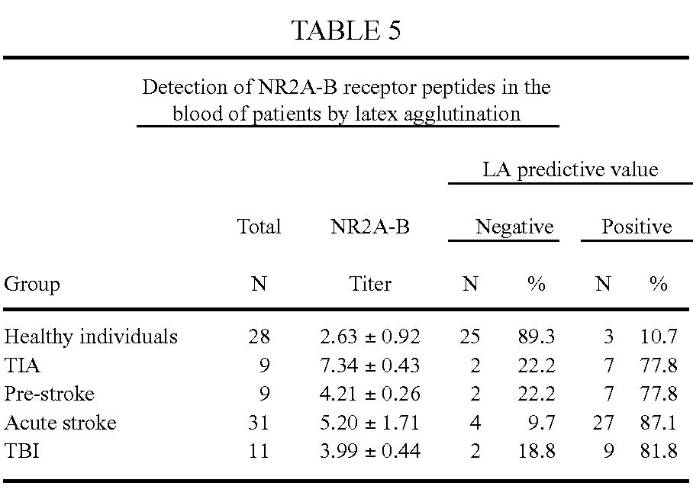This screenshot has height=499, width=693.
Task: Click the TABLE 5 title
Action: [346, 31]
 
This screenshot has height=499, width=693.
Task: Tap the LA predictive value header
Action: [570, 169]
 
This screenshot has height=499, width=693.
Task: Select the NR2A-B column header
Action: [369, 227]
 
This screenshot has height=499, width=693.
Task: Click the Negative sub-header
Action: [514, 227]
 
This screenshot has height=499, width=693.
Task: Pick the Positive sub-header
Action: [637, 227]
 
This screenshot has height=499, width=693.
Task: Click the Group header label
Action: [31, 285]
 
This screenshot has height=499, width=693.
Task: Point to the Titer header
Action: [369, 285]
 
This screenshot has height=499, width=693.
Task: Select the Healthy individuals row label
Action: [91, 336]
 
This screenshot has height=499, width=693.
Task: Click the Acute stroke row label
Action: [60, 423]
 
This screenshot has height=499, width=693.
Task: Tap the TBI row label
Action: [21, 451]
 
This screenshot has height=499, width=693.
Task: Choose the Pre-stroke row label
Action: [50, 394]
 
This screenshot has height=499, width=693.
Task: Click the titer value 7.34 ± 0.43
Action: [370, 365]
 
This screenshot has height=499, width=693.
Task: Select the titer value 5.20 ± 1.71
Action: [370, 423]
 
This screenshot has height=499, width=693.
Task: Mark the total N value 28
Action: [259, 336]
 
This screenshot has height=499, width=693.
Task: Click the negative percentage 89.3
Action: [537, 336]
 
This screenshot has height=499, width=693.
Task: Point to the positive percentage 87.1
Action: [659, 423]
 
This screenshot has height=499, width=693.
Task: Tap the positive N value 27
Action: [603, 423]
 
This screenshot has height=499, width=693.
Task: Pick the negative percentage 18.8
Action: [537, 451]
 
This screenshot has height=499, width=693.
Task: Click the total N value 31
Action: [259, 423]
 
